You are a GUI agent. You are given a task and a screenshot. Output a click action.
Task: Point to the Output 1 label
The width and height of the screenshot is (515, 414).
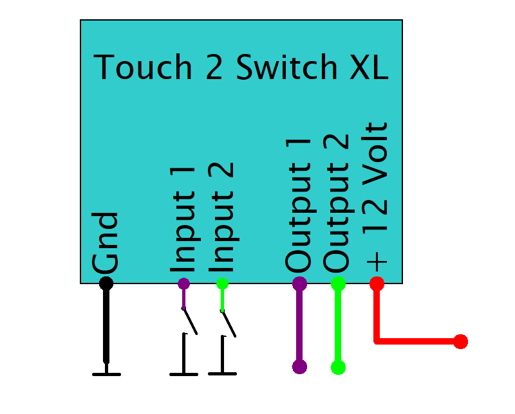[x=299, y=204]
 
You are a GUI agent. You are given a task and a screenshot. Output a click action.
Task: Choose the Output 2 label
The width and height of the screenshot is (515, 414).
[x=337, y=204]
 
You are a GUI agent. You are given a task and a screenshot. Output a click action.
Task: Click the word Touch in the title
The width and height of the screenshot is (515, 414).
[x=143, y=67]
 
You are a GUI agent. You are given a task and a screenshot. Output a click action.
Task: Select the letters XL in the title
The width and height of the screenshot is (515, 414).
[x=368, y=67]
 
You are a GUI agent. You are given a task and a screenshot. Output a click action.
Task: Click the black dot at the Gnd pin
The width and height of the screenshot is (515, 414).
[x=106, y=283]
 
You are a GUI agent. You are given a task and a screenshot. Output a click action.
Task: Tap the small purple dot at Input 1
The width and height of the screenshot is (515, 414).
[x=183, y=283]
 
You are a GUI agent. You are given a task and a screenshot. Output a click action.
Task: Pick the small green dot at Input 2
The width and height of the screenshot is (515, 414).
[x=222, y=283]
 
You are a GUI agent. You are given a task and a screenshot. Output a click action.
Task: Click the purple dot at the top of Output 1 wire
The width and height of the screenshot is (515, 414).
[x=299, y=283]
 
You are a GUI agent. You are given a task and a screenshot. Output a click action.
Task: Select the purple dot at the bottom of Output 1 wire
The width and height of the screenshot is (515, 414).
[x=299, y=367]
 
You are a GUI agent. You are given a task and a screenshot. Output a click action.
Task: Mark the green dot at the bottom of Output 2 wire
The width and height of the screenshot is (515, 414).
[x=338, y=368]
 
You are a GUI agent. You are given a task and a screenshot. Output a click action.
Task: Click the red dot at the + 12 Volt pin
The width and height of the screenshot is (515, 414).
[x=377, y=283]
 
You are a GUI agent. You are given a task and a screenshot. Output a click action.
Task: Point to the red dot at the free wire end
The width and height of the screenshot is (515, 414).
[x=460, y=341]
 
